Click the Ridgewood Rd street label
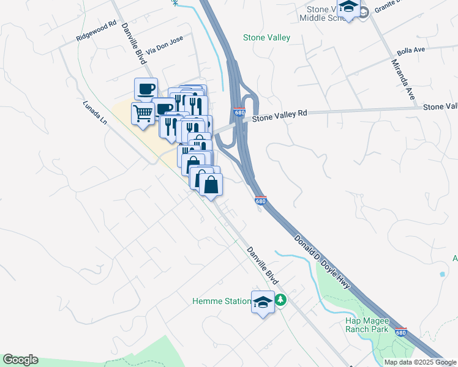click(96, 32)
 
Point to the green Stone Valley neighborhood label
click(266, 38)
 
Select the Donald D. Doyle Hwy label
click(322, 260)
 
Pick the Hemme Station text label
click(221, 301)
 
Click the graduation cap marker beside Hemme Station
click(263, 303)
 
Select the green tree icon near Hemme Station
click(280, 300)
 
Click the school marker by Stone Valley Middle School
click(349, 8)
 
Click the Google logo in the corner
click(20, 360)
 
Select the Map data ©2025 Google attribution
click(421, 362)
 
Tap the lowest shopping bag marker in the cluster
click(211, 185)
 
